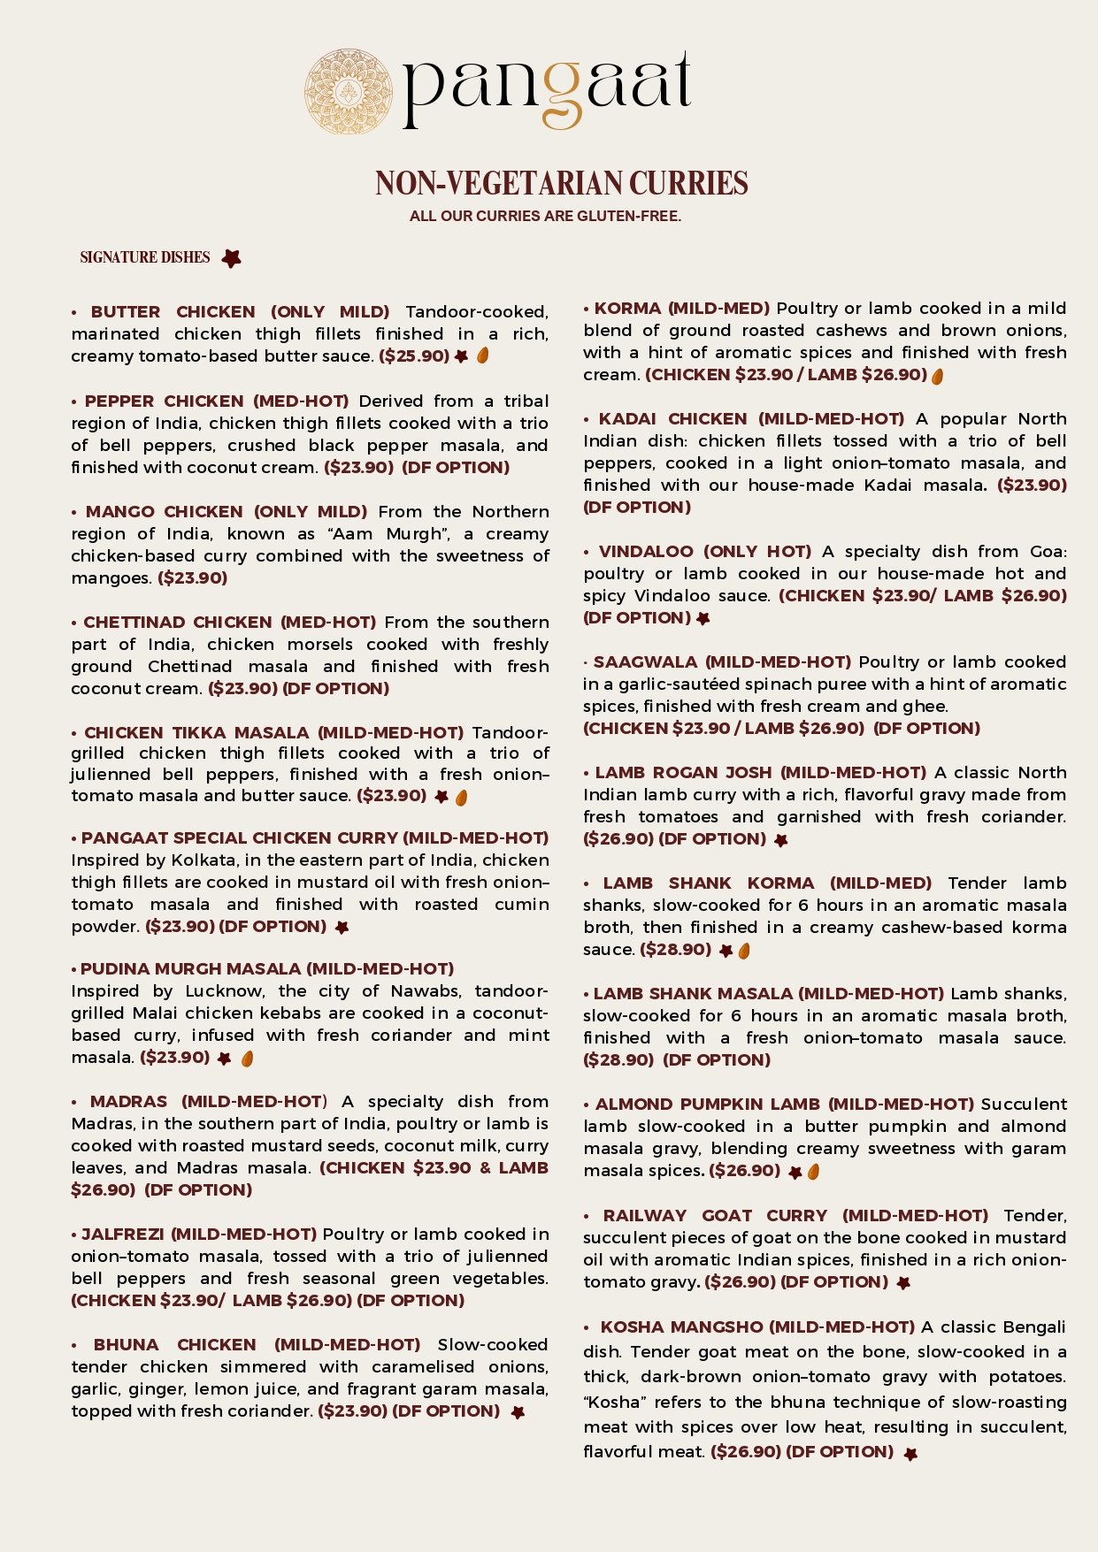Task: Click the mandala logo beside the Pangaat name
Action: tap(349, 92)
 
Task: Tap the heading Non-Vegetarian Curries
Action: tap(562, 183)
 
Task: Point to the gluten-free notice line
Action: tap(545, 216)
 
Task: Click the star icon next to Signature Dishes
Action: tap(231, 258)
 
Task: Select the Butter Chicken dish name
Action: tap(173, 312)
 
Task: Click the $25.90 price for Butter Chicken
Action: tap(414, 356)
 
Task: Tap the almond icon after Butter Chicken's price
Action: tap(483, 356)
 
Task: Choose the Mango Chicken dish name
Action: tap(164, 512)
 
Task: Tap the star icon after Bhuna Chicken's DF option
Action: tap(518, 1412)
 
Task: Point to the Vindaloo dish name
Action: tap(646, 552)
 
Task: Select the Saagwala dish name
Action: tap(647, 662)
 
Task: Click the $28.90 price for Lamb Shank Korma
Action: tap(675, 950)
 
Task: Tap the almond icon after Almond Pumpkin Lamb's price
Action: tap(814, 1172)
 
